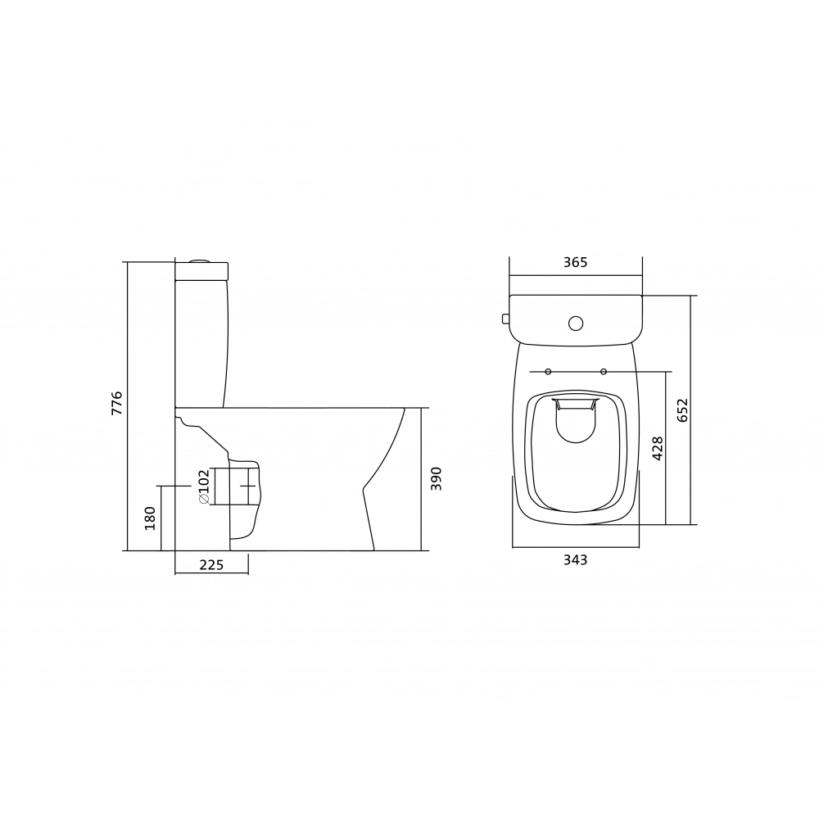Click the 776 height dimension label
[x=116, y=403]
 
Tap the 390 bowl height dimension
[x=437, y=478]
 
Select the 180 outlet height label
[x=150, y=518]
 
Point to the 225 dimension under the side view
[x=211, y=565]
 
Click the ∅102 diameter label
[x=204, y=486]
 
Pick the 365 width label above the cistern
[x=576, y=262]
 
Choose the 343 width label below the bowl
[x=576, y=560]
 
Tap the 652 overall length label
[x=683, y=410]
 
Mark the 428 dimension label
[x=657, y=448]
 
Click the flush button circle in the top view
[x=576, y=324]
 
